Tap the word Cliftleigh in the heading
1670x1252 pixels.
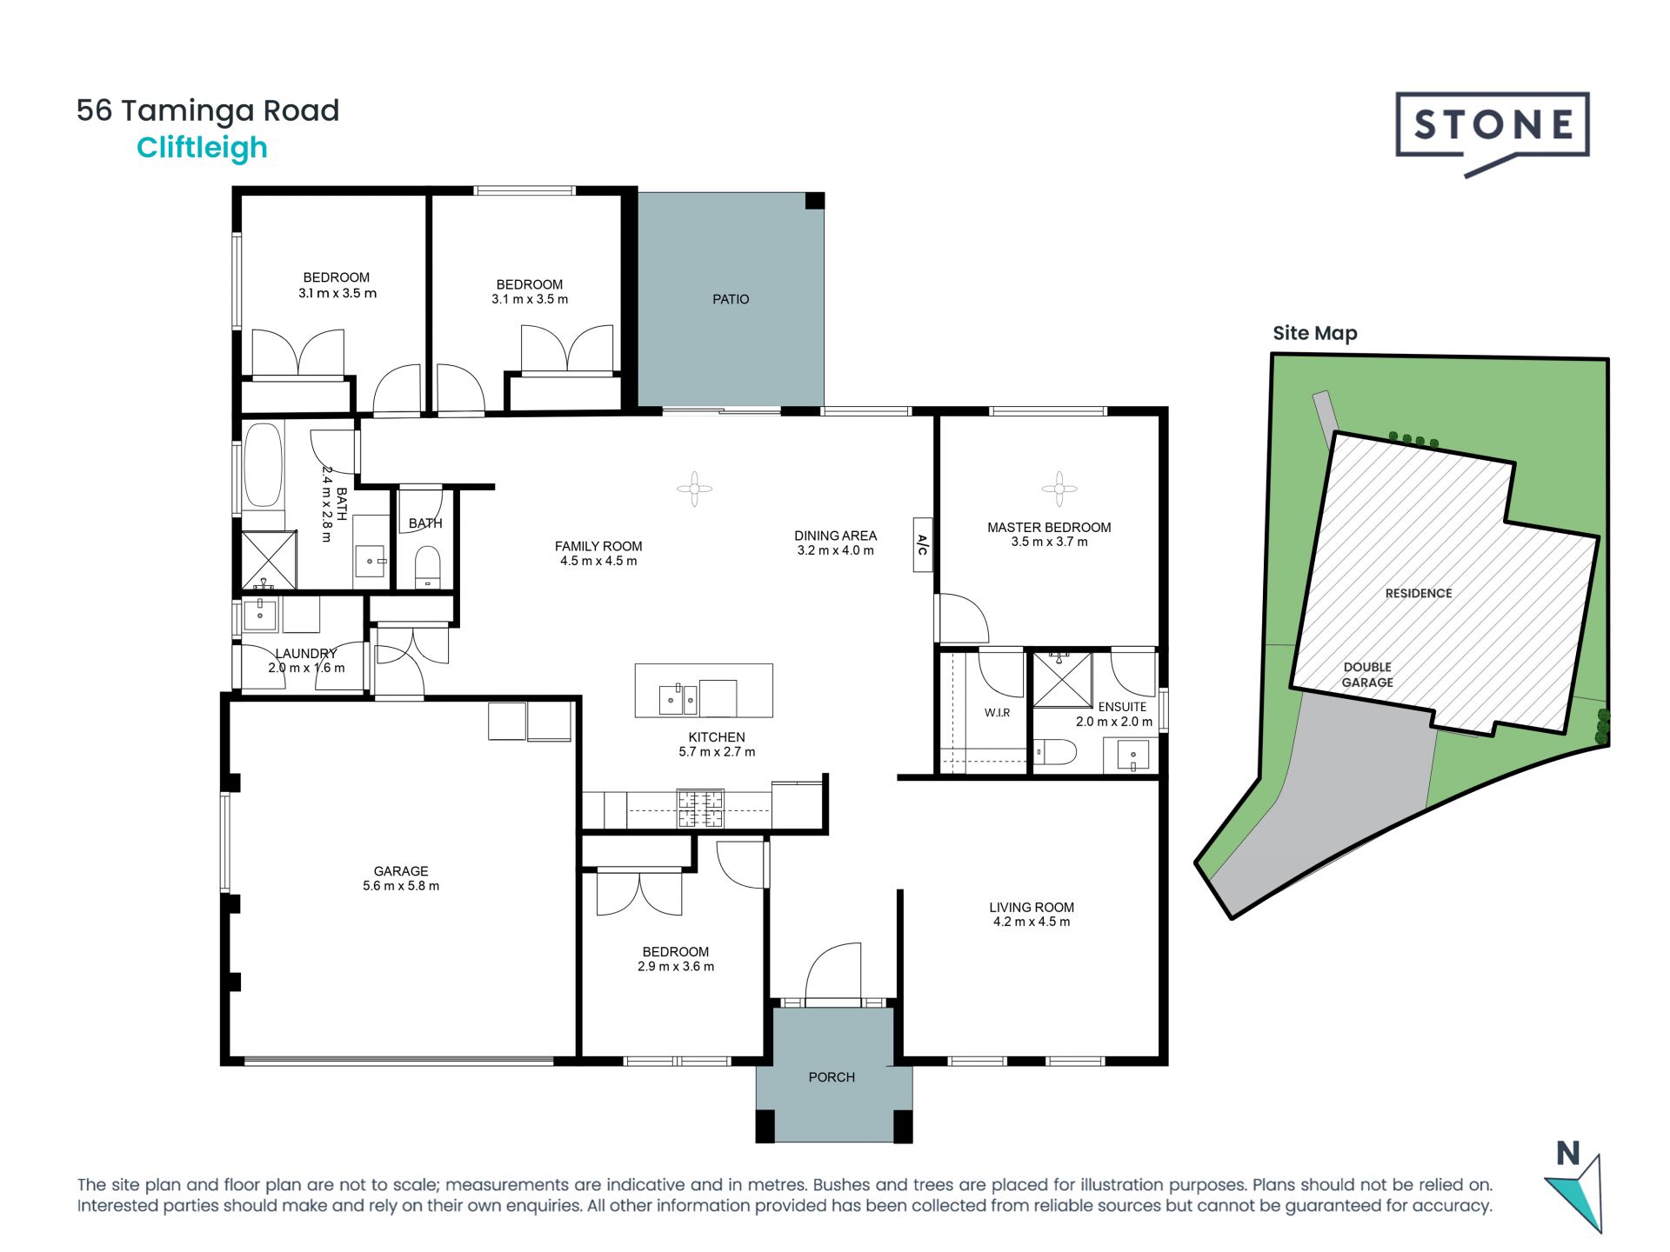pyautogui.click(x=202, y=148)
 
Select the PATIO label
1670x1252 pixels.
pyautogui.click(x=731, y=299)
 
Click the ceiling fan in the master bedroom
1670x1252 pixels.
pyautogui.click(x=1059, y=489)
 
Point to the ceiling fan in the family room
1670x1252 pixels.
pyautogui.click(x=694, y=489)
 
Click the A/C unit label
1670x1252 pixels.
pyautogui.click(x=923, y=545)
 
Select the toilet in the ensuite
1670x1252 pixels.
pyautogui.click(x=1055, y=751)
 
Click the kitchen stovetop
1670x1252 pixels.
pyautogui.click(x=700, y=808)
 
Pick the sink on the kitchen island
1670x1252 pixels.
pyautogui.click(x=678, y=698)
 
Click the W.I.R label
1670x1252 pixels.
pyautogui.click(x=998, y=713)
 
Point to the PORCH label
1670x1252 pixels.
pyautogui.click(x=832, y=1077)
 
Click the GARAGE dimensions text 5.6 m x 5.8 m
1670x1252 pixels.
pyautogui.click(x=401, y=886)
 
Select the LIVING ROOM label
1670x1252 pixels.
pyautogui.click(x=1032, y=907)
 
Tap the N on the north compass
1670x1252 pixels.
pyautogui.click(x=1567, y=1154)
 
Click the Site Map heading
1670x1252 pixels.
pyautogui.click(x=1315, y=333)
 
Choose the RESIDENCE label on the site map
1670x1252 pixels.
pyautogui.click(x=1419, y=593)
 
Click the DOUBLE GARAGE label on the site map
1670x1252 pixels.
pyautogui.click(x=1367, y=675)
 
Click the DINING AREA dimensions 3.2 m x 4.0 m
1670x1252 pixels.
pyautogui.click(x=835, y=550)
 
